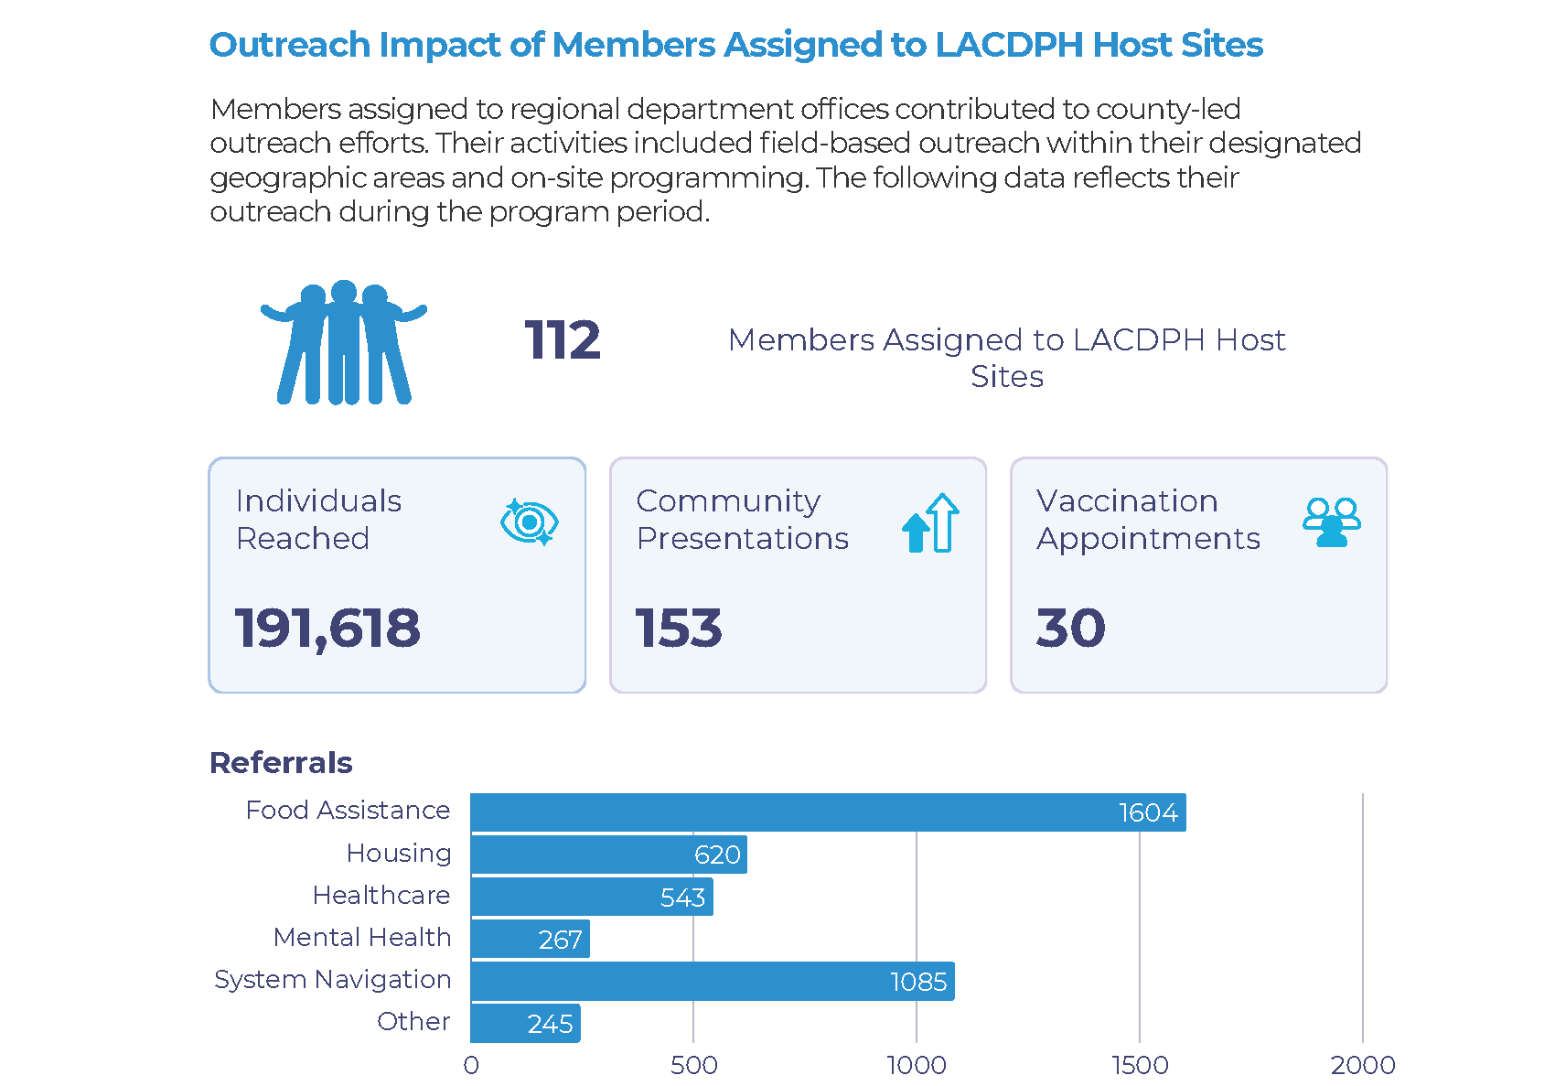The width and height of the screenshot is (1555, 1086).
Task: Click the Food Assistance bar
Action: pyautogui.click(x=828, y=812)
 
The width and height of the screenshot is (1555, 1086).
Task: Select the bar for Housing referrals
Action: pyautogui.click(x=608, y=855)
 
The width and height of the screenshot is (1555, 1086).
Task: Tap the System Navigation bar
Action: pyautogui.click(x=712, y=981)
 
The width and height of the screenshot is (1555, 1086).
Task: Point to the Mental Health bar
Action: pyautogui.click(x=530, y=939)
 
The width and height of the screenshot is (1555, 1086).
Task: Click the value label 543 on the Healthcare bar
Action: pyautogui.click(x=682, y=898)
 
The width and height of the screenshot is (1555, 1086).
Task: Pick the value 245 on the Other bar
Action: pyautogui.click(x=550, y=1024)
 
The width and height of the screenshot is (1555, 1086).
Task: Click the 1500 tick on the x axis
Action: pyautogui.click(x=1140, y=1065)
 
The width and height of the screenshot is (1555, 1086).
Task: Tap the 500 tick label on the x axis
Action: pyautogui.click(x=693, y=1065)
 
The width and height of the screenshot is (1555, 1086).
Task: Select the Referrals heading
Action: pyautogui.click(x=281, y=762)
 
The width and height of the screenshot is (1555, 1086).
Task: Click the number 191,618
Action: pyautogui.click(x=327, y=629)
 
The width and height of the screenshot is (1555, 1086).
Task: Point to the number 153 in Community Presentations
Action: pyautogui.click(x=679, y=629)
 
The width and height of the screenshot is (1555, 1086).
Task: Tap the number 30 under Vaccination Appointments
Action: pyautogui.click(x=1070, y=629)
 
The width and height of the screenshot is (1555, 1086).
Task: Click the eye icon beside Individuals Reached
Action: pyautogui.click(x=529, y=522)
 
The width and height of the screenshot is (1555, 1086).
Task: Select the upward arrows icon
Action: pyautogui.click(x=930, y=523)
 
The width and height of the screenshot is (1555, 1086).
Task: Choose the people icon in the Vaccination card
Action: pyautogui.click(x=1331, y=522)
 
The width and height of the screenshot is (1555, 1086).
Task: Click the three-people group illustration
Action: pyautogui.click(x=343, y=342)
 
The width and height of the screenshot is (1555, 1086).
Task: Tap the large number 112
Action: pyautogui.click(x=562, y=340)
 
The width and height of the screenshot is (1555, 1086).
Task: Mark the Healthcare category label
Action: pyautogui.click(x=381, y=895)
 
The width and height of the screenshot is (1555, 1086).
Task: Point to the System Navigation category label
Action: pyautogui.click(x=332, y=979)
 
